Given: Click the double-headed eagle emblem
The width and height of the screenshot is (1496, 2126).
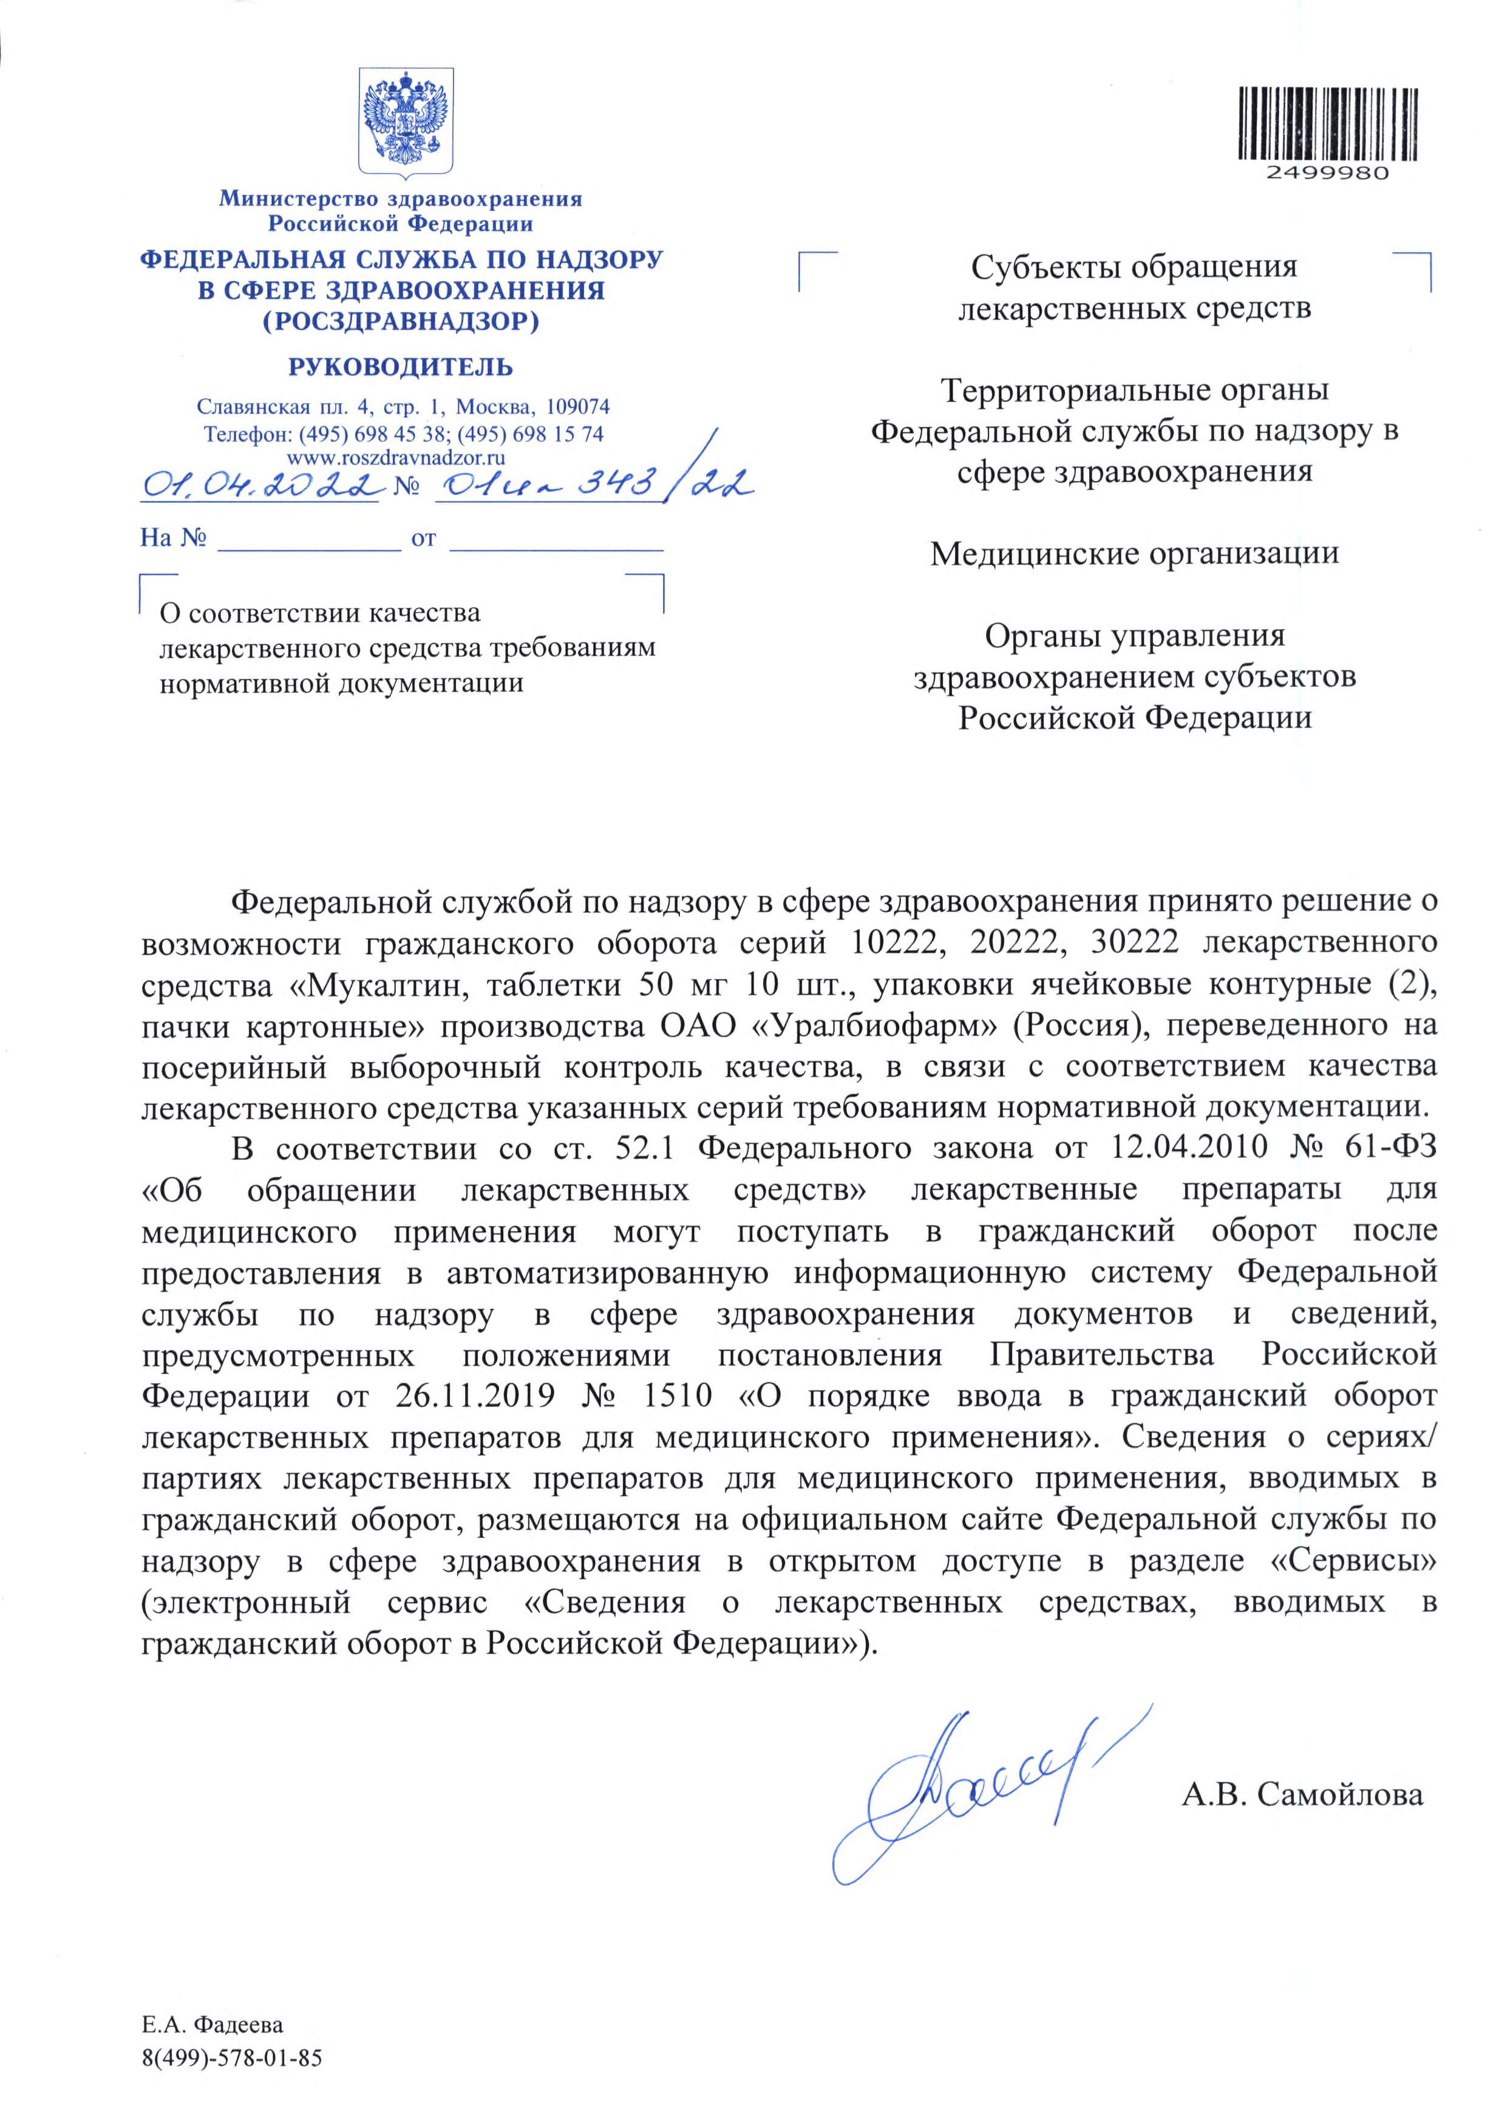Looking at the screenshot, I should click(x=404, y=120).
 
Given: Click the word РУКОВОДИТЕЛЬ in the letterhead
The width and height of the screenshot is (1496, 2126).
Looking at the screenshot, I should click(x=401, y=367).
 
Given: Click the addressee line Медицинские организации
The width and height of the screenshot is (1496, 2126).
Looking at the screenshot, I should click(x=1134, y=554).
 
